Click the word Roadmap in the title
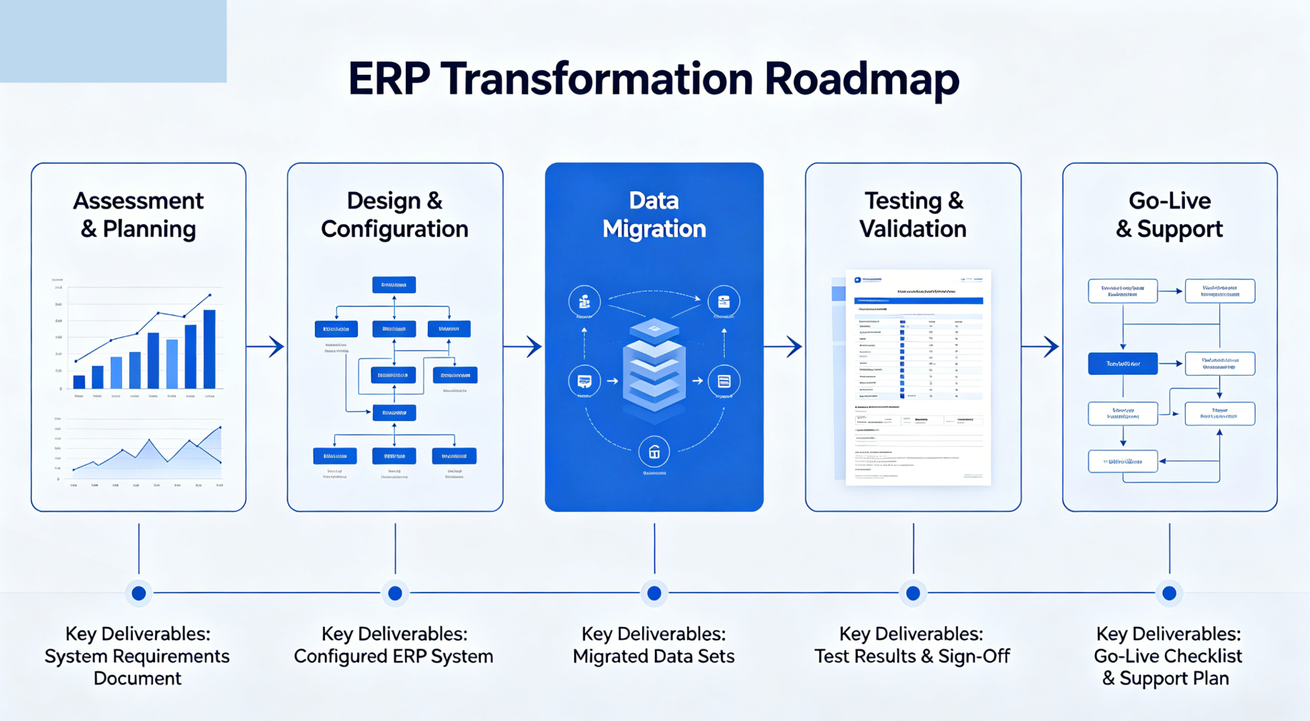coord(861,79)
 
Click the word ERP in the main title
coord(388,79)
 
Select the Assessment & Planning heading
coord(138,215)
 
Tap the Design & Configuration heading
coord(394,215)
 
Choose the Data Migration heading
coord(654,215)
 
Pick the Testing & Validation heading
coord(912,215)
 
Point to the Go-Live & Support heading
coord(1169,215)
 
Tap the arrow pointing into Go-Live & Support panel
coord(1041,347)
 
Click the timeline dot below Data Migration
coord(654,593)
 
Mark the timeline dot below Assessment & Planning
coord(139,593)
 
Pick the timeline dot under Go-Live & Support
coord(1169,593)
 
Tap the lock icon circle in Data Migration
coord(654,452)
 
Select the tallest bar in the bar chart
coord(209,349)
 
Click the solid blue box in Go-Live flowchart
coord(1122,364)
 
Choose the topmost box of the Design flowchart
coord(394,285)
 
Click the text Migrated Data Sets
coord(654,656)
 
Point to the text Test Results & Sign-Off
coord(912,656)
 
